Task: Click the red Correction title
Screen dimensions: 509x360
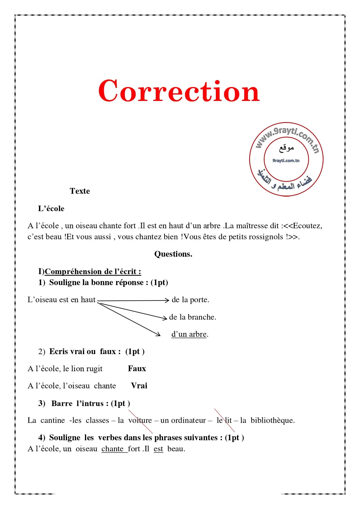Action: tap(179, 91)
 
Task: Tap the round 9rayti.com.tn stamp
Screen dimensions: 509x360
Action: tap(286, 159)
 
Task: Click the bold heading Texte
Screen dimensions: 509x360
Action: tap(80, 191)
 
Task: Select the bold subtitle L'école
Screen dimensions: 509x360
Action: tap(51, 209)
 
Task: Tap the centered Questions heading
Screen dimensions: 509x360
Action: tap(173, 254)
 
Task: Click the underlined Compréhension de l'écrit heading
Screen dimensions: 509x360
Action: tap(93, 271)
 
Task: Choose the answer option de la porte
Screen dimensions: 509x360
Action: tap(190, 300)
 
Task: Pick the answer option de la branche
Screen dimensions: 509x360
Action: tap(193, 317)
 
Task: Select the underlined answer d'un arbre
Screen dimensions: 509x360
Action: tap(189, 334)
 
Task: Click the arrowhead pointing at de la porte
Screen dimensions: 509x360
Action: tap(167, 300)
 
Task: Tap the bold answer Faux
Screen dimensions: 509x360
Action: tap(137, 369)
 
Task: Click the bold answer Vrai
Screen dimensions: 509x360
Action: tap(139, 386)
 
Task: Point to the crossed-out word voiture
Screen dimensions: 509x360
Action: tap(140, 420)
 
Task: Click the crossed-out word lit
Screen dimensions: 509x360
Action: tap(228, 420)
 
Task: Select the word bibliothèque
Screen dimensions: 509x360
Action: tap(272, 420)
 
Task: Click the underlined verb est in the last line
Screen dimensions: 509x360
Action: tap(158, 449)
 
